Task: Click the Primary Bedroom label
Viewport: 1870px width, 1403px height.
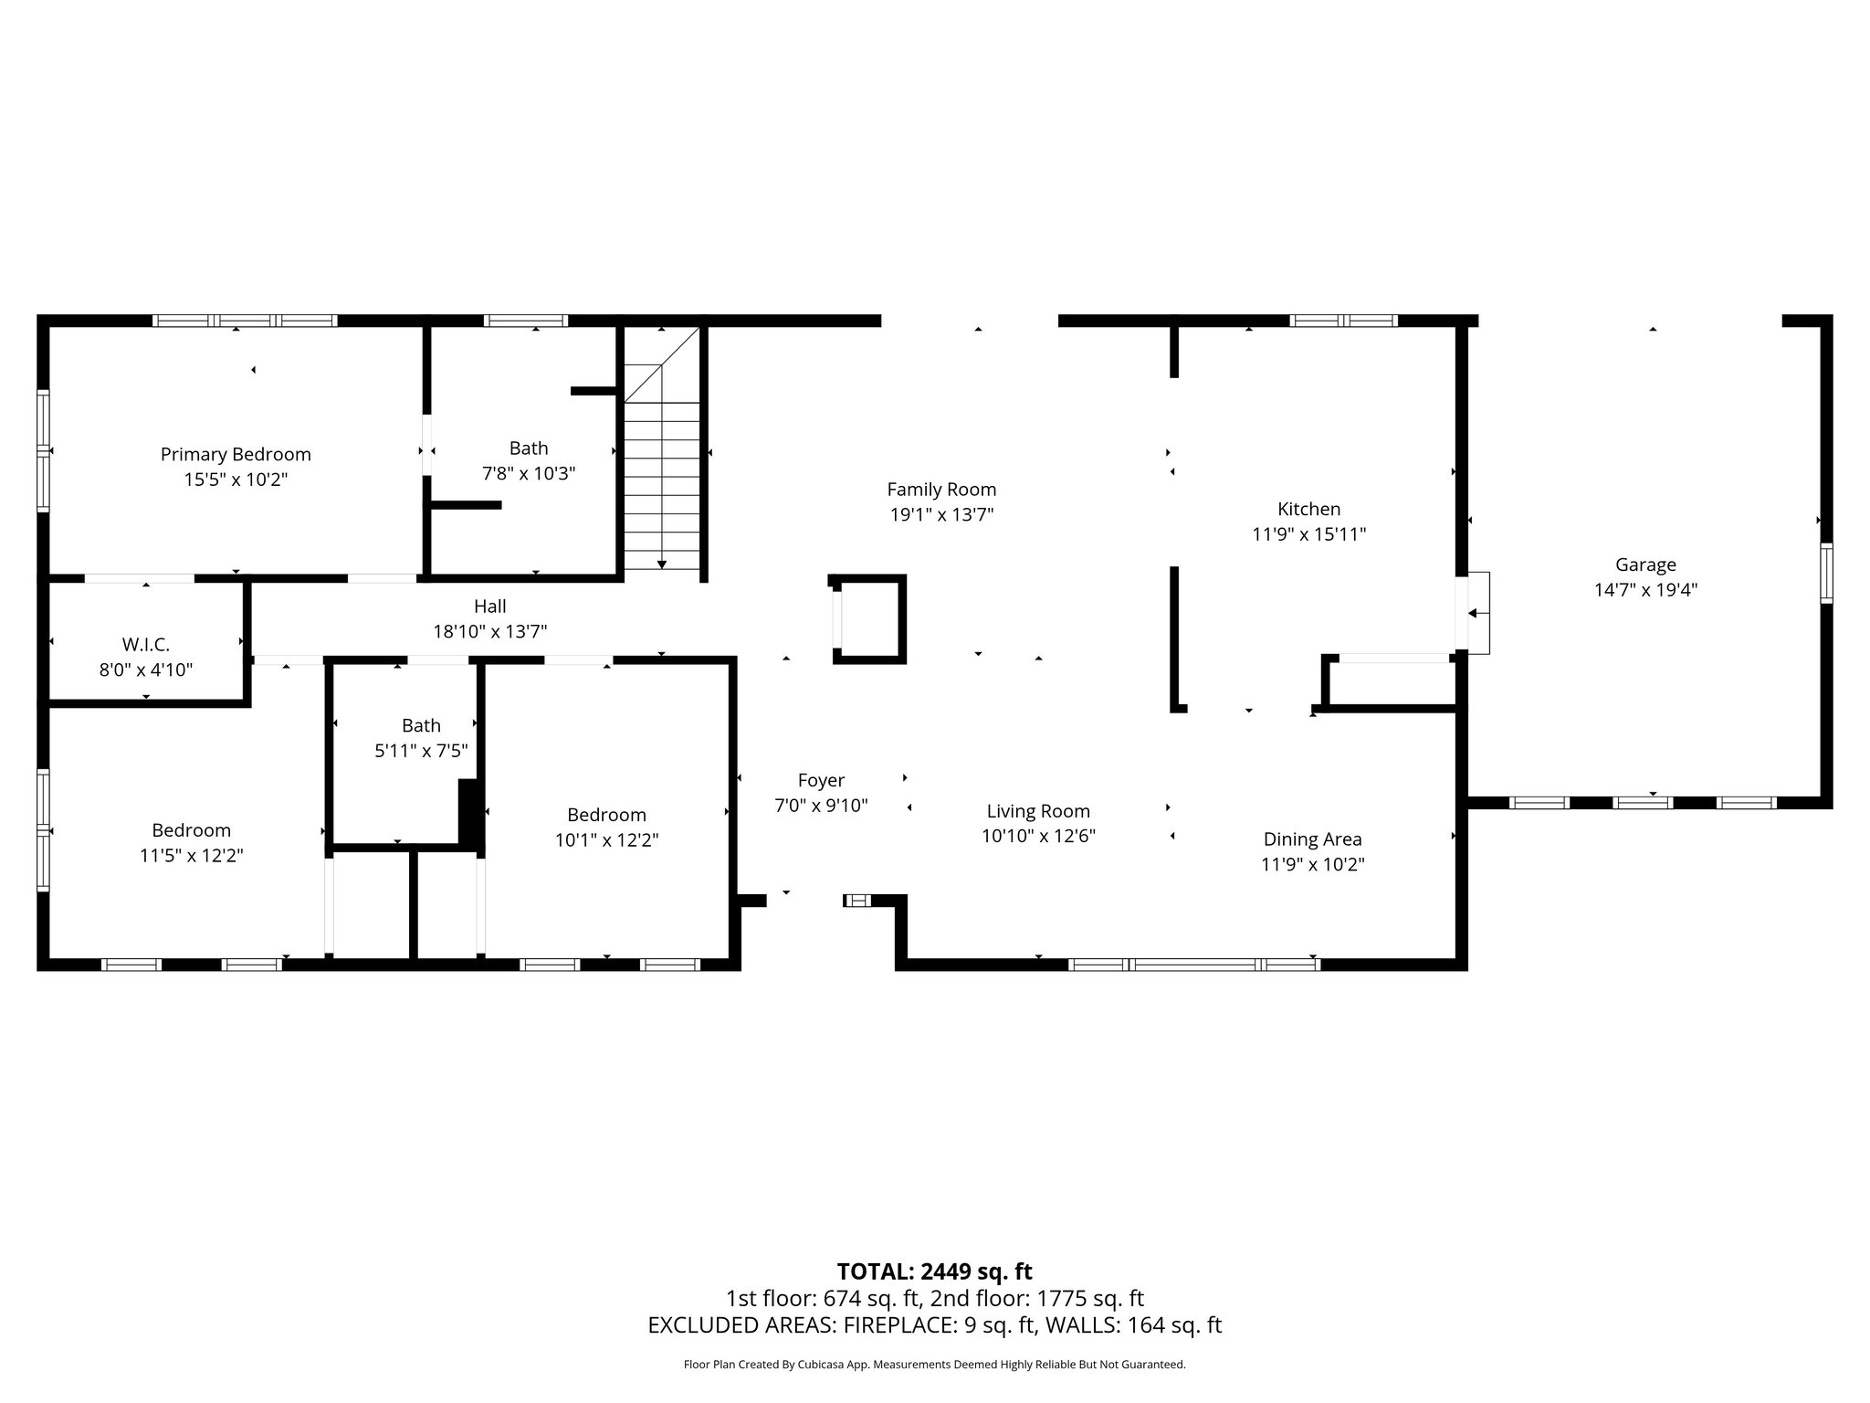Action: tap(236, 454)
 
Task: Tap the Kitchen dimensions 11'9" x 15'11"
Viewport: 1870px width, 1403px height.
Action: tap(1308, 534)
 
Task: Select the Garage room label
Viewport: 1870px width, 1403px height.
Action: tap(1645, 564)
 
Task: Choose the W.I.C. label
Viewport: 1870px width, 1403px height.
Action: tap(146, 645)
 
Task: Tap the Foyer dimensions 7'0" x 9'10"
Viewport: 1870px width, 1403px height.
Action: tap(821, 806)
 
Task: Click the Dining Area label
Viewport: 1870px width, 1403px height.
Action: tap(1312, 839)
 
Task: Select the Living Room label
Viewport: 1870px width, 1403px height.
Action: tap(1038, 811)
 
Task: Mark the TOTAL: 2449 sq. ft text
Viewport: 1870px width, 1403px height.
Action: tap(934, 1271)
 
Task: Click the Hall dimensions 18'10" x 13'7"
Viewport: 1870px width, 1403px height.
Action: tap(489, 631)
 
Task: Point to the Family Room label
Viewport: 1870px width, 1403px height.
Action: tap(941, 490)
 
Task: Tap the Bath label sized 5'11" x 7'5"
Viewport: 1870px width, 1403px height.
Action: tap(421, 725)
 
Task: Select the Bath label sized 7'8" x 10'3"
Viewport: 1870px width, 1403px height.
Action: tap(529, 448)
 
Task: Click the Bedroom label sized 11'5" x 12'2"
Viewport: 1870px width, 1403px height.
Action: tap(191, 830)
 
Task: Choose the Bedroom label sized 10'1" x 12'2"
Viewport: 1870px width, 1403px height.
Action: tap(606, 815)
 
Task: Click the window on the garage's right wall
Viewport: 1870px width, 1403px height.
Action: tap(1826, 573)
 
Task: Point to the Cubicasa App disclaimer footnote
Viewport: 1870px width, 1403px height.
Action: tap(934, 1365)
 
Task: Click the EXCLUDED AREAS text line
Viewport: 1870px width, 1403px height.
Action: tap(934, 1325)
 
